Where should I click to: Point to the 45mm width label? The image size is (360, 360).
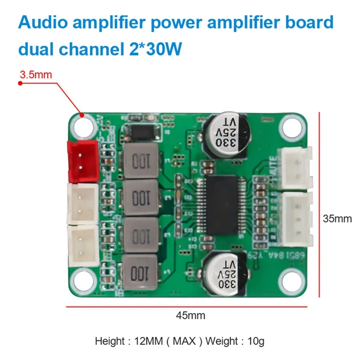[190, 315]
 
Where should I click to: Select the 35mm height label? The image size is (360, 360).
[337, 219]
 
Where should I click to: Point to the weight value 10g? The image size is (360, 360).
[255, 341]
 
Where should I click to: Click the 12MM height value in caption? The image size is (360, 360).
[144, 341]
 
